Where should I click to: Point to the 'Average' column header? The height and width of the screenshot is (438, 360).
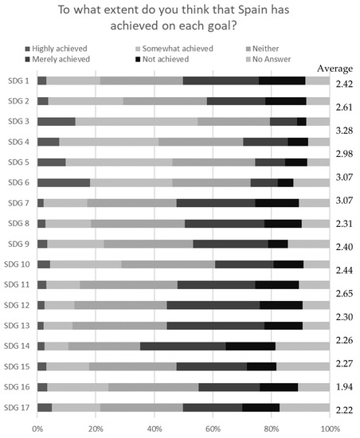point(335,68)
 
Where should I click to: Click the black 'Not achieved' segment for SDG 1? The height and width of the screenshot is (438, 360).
point(282,80)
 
